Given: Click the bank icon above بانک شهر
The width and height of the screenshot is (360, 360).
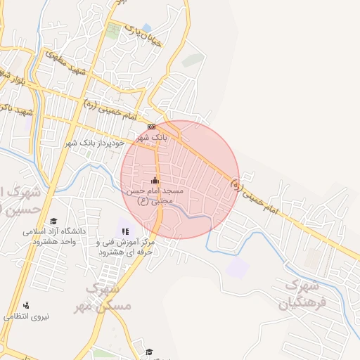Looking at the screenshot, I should [x=151, y=127].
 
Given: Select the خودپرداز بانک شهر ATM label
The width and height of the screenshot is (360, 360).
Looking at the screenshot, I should [x=95, y=143].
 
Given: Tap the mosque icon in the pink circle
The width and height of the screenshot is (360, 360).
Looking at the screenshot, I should [x=155, y=181].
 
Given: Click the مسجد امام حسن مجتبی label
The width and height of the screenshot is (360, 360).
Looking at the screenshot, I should [x=154, y=195].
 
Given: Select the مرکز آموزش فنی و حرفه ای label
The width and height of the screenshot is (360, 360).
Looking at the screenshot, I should [x=127, y=247].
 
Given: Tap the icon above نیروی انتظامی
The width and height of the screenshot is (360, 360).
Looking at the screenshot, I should [x=26, y=305].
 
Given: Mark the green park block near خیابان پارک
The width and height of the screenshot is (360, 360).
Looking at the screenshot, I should [x=113, y=30].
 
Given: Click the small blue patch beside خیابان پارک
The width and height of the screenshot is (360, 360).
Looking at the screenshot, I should [x=146, y=27].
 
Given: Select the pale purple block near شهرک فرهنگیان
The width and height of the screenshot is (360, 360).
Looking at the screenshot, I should [x=238, y=266].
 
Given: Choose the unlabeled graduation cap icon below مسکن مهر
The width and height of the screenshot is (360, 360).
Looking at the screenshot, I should [x=149, y=352].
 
